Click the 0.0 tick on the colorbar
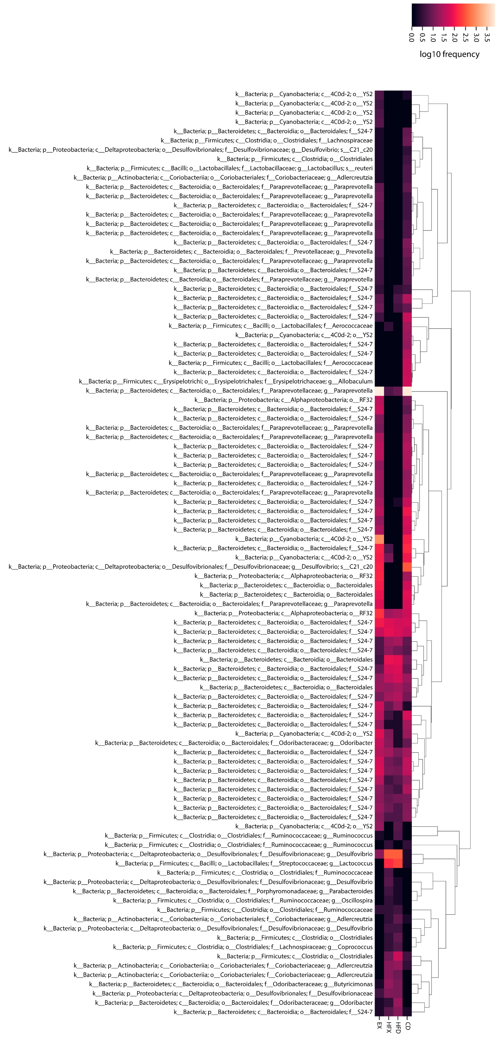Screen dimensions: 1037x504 click(411, 37)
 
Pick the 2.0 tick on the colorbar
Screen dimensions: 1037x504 click(454, 37)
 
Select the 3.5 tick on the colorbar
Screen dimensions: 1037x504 click(487, 37)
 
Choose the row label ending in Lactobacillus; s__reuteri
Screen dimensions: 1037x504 click(230, 168)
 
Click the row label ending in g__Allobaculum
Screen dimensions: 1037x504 click(226, 381)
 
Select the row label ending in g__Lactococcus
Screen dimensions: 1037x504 click(244, 863)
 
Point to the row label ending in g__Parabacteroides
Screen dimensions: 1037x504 click(223, 891)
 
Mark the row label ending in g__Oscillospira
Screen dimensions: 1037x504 click(243, 900)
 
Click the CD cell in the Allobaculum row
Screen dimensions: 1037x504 click(407, 381)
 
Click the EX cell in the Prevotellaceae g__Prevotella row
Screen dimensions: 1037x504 click(379, 252)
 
